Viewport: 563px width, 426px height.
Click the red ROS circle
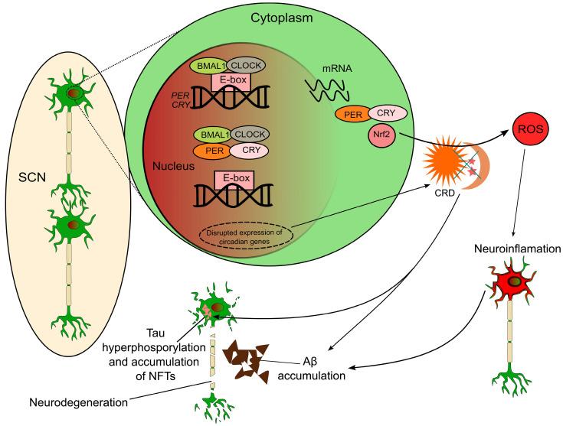coord(531,129)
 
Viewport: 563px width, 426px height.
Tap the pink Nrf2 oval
coord(381,135)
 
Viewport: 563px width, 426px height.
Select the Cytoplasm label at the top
coord(282,18)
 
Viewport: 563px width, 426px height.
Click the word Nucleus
coord(173,166)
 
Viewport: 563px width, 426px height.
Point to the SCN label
coord(32,177)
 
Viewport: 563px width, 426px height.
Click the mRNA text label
coord(337,68)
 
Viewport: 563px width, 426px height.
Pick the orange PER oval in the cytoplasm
coord(353,115)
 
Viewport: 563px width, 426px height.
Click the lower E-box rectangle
coord(236,180)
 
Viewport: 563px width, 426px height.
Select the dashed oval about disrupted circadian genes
coord(247,236)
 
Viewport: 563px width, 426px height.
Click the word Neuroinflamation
coord(517,249)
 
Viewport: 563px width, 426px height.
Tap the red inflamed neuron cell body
coord(511,281)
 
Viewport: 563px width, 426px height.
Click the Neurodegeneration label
coord(78,402)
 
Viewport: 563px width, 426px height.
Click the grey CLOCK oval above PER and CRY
coord(250,135)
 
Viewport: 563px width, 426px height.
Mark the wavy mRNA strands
coord(327,89)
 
